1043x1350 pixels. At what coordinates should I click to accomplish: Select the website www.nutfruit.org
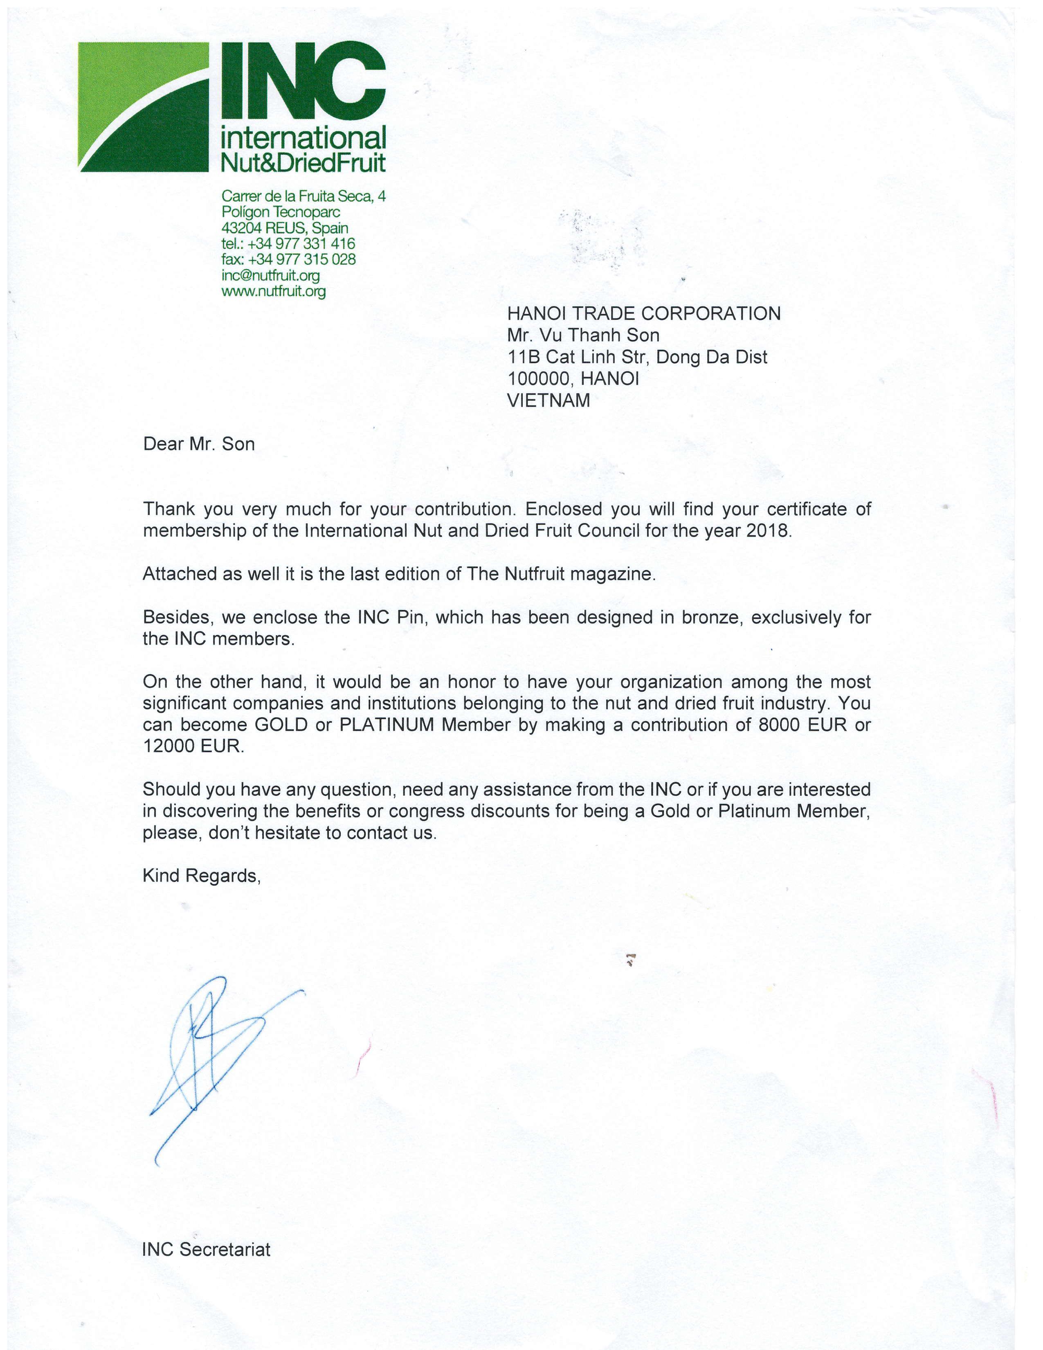tap(273, 291)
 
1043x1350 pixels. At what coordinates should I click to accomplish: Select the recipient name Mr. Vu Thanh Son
tap(583, 335)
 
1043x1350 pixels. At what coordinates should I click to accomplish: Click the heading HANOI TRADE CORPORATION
tap(643, 313)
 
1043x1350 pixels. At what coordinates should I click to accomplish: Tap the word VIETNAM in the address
tap(548, 400)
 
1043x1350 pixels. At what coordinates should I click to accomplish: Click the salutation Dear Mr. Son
tap(198, 444)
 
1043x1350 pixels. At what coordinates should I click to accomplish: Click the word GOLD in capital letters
tap(281, 724)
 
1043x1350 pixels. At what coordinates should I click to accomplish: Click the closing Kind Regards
tap(201, 875)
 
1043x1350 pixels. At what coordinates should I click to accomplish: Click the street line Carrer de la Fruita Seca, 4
tap(303, 196)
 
